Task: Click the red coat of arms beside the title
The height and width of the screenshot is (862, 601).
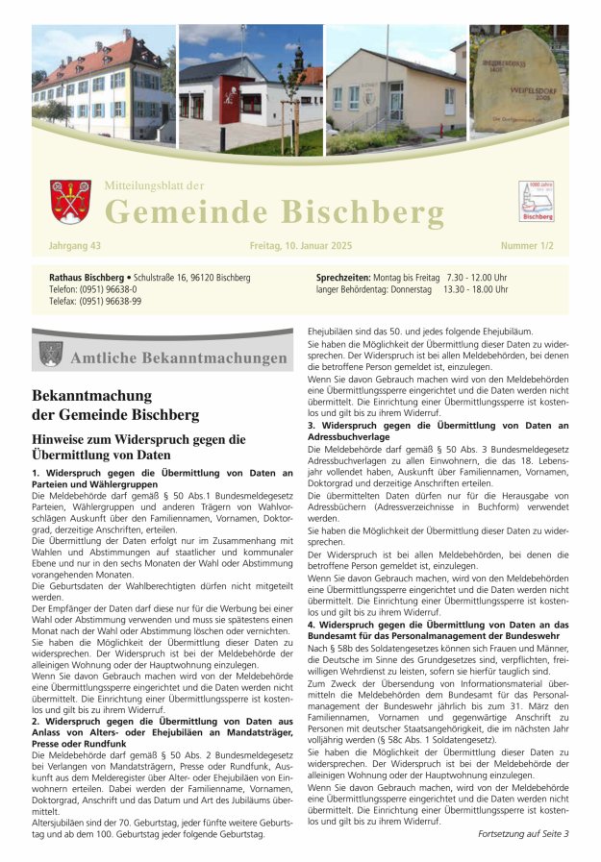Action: pos(70,201)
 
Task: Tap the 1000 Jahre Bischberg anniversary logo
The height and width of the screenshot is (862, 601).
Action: pos(536,201)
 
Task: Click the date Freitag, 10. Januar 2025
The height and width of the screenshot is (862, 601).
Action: pos(300,246)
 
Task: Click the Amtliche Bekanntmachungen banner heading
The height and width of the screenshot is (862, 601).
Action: pos(179,358)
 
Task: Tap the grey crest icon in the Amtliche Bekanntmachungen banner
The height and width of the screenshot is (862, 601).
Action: pos(51,355)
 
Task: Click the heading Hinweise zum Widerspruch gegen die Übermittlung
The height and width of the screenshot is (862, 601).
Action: pos(138,447)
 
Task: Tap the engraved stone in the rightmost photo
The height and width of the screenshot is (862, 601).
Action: pos(520,85)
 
